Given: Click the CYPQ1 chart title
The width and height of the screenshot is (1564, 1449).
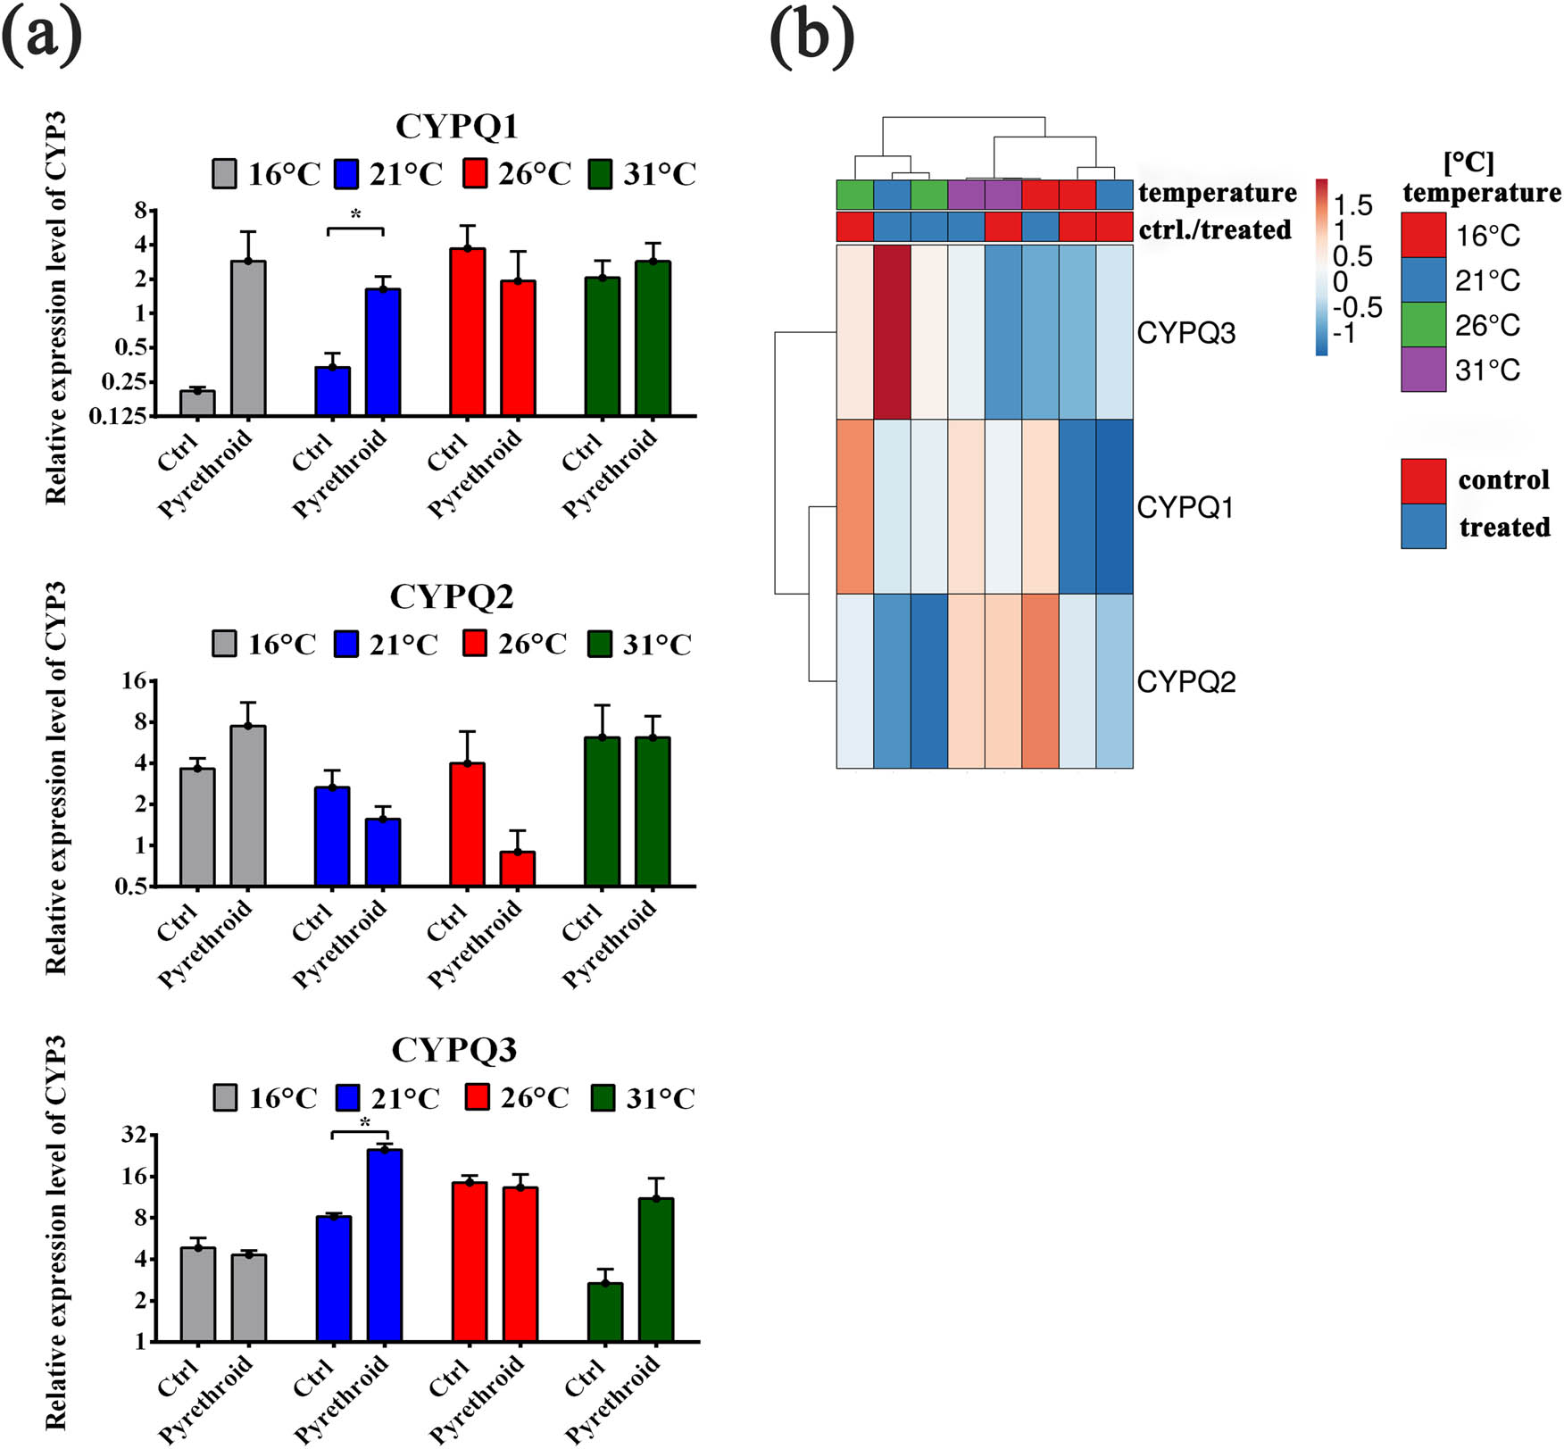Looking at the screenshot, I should (456, 127).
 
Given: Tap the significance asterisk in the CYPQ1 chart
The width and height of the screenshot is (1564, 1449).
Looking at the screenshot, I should (355, 215).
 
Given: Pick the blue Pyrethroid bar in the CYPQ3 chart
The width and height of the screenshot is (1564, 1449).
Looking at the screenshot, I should (385, 1245).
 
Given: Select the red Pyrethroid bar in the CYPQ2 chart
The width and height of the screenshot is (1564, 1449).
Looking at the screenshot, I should (518, 868).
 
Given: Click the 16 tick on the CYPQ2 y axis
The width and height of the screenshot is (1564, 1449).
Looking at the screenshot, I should (133, 681).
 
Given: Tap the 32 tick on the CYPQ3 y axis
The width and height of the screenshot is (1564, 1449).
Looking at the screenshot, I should (133, 1135).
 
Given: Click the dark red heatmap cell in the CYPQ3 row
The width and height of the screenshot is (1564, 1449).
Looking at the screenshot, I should (892, 332).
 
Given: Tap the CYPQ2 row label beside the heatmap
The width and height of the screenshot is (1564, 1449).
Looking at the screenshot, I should (1185, 681).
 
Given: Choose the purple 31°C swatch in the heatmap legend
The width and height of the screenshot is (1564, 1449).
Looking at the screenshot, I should (1423, 370).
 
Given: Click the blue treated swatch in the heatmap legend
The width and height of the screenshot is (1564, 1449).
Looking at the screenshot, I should (1423, 526).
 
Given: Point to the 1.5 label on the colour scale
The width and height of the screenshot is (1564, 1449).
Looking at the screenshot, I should (1352, 205).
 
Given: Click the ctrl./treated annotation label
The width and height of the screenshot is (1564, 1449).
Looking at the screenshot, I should (1214, 229).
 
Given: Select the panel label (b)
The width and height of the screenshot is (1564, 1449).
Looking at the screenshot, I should (811, 37).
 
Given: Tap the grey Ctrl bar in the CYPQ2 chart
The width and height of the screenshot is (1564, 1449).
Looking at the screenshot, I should (197, 826).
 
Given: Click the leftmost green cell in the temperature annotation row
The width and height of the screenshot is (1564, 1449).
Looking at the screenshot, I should (854, 194).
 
